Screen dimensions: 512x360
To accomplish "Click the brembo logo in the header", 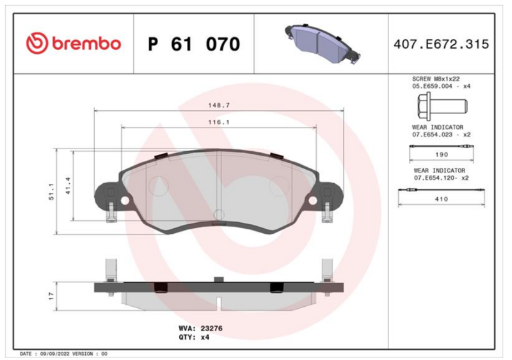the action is coord(74,43).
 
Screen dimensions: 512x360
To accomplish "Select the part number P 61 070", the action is coord(194,44).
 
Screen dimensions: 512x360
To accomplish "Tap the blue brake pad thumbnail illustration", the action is coord(323,44).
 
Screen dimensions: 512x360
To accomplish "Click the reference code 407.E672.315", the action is coord(441,44).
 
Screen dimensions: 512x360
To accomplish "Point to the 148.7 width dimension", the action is coord(219,105).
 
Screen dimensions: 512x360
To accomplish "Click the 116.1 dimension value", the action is coord(219,122).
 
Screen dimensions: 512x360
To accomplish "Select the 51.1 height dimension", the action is coord(51,192).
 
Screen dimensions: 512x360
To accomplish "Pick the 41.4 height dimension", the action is coord(68,186).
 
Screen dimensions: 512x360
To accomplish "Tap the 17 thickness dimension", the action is coord(51,296).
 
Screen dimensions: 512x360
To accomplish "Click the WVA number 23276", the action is coord(211,329).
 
